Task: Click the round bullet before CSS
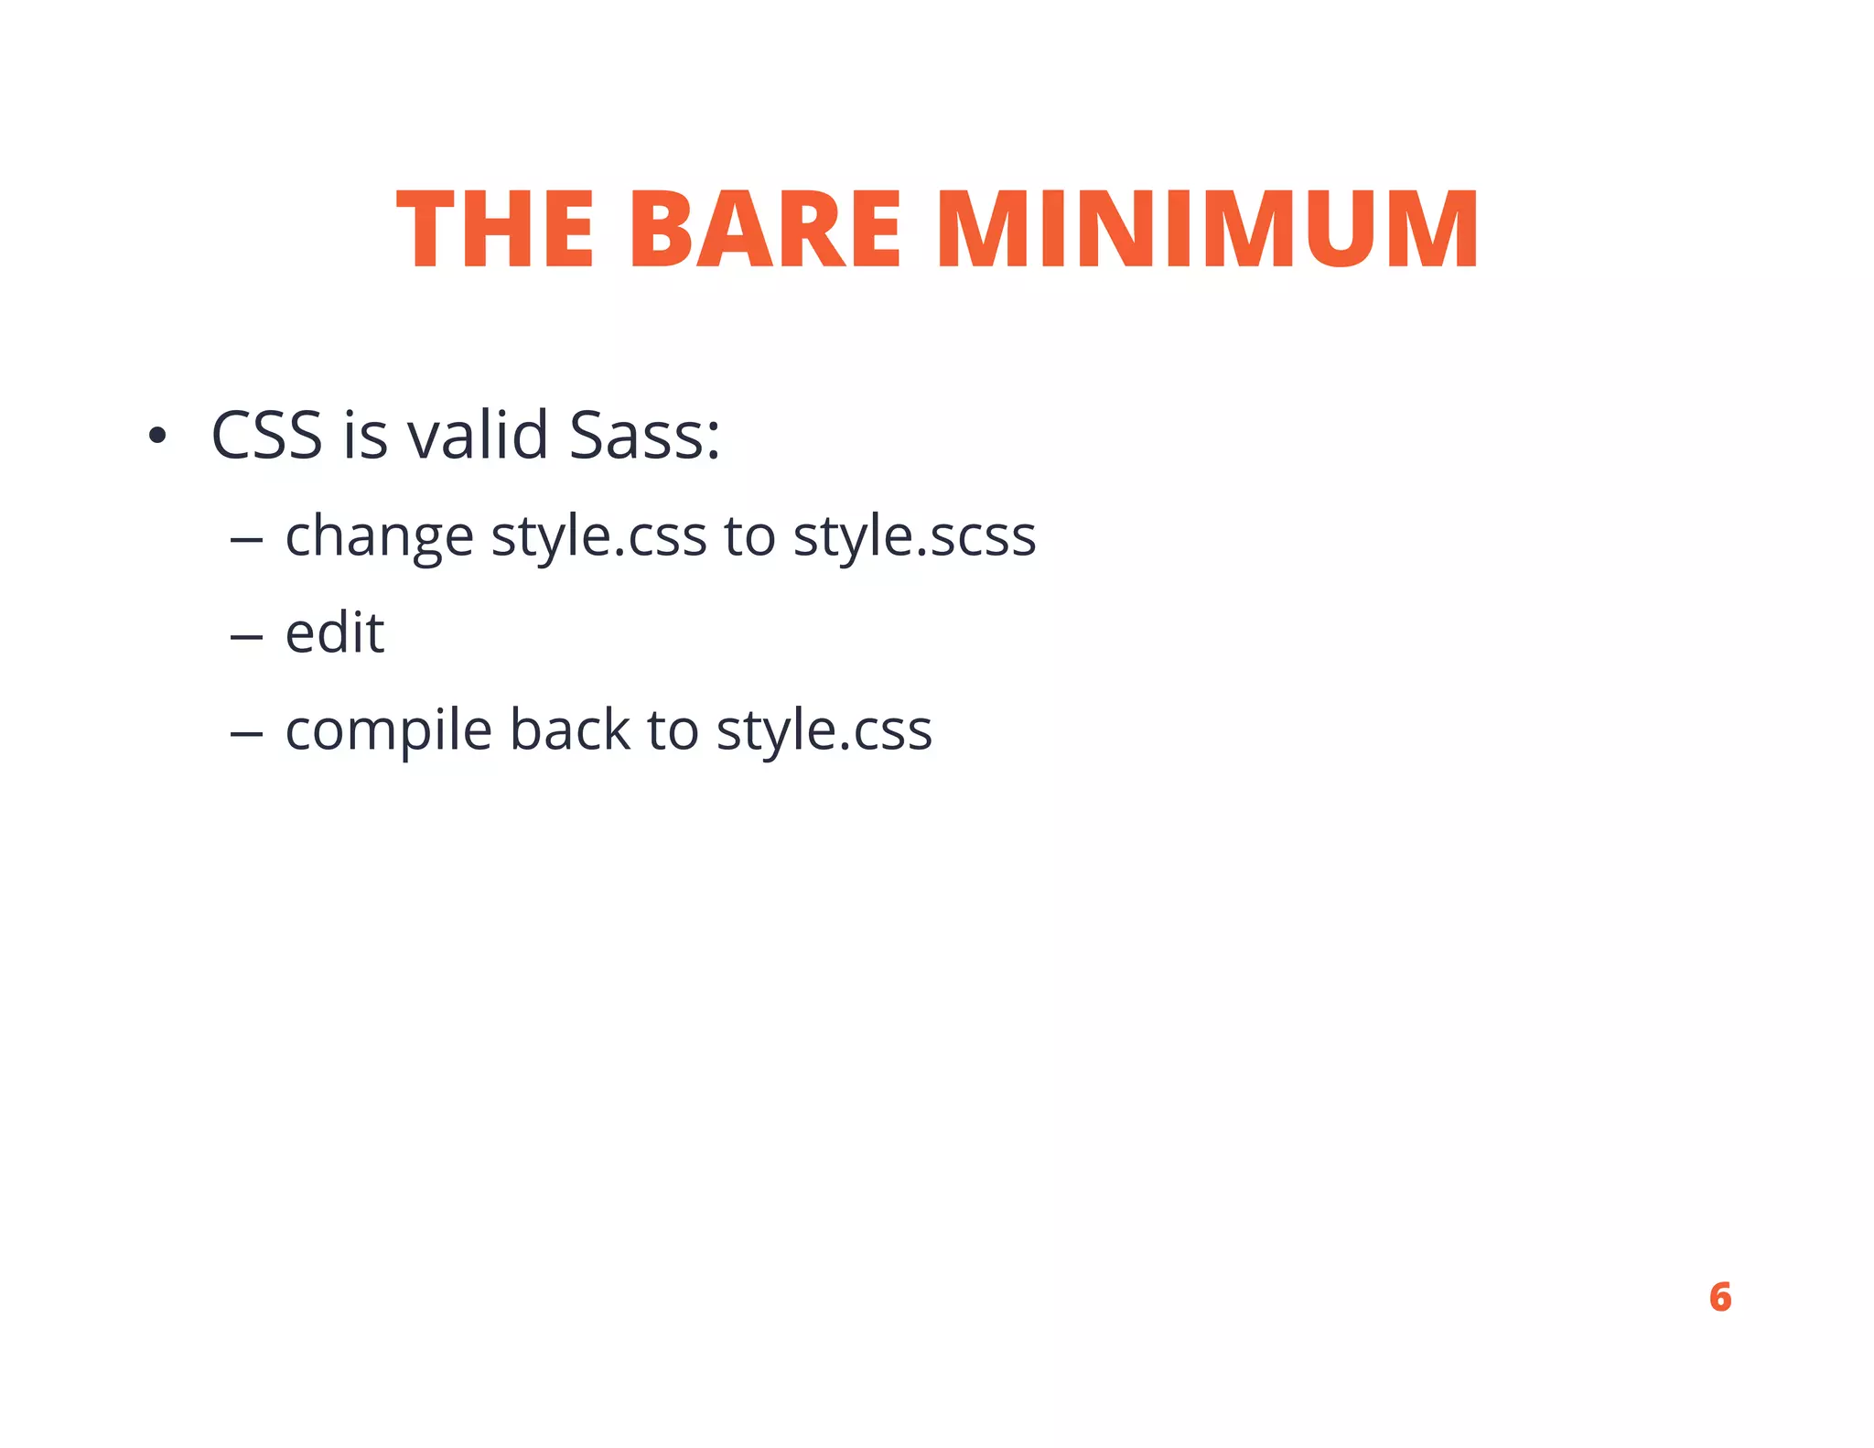click(x=157, y=437)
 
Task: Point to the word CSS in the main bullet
click(x=266, y=436)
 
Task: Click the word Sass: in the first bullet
click(x=644, y=436)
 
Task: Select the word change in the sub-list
click(x=379, y=536)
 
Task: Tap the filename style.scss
click(x=914, y=536)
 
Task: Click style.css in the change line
click(x=598, y=536)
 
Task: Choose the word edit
click(x=334, y=632)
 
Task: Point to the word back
click(x=569, y=729)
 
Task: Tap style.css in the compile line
click(x=824, y=731)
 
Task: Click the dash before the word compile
click(x=246, y=734)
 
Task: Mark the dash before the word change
click(x=246, y=540)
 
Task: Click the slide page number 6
click(x=1719, y=1297)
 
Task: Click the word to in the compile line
click(x=673, y=731)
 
